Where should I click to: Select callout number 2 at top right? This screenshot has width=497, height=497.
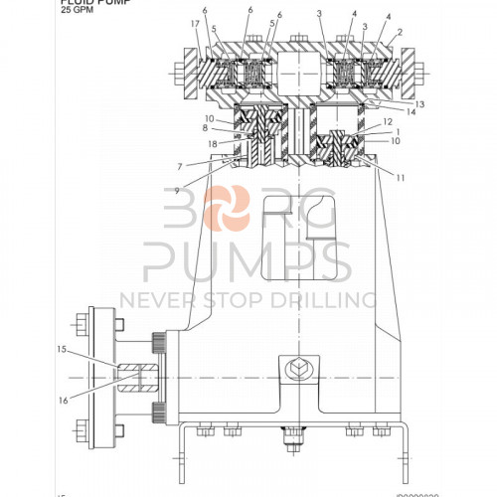399,33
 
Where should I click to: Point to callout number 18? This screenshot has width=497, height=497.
212,144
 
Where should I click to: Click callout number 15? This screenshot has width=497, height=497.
62,350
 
